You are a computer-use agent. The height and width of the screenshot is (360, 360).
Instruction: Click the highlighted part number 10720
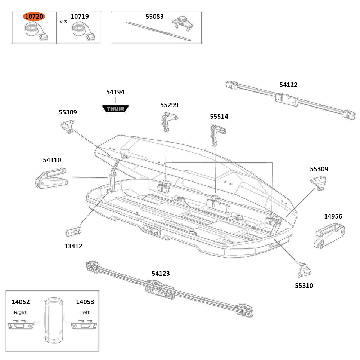pyautogui.click(x=34, y=17)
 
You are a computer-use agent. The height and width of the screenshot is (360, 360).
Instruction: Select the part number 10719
pyautogui.click(x=80, y=17)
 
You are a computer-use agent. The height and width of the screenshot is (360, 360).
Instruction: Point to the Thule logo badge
pyautogui.click(x=116, y=108)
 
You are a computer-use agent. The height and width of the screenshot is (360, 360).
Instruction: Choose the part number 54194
pyautogui.click(x=115, y=92)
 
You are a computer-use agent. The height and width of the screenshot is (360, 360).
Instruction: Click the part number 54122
pyautogui.click(x=288, y=85)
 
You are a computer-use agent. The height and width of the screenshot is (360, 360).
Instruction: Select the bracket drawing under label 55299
pyautogui.click(x=168, y=122)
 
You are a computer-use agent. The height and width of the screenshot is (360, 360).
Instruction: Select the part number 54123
pyautogui.click(x=161, y=274)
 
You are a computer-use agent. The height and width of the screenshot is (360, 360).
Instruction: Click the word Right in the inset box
pyautogui.click(x=20, y=312)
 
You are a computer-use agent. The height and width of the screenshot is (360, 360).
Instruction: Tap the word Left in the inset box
pyautogui.click(x=85, y=312)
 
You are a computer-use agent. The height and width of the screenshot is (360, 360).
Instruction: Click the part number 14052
pyautogui.click(x=21, y=302)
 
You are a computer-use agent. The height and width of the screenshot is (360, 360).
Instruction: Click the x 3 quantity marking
pyautogui.click(x=63, y=22)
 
